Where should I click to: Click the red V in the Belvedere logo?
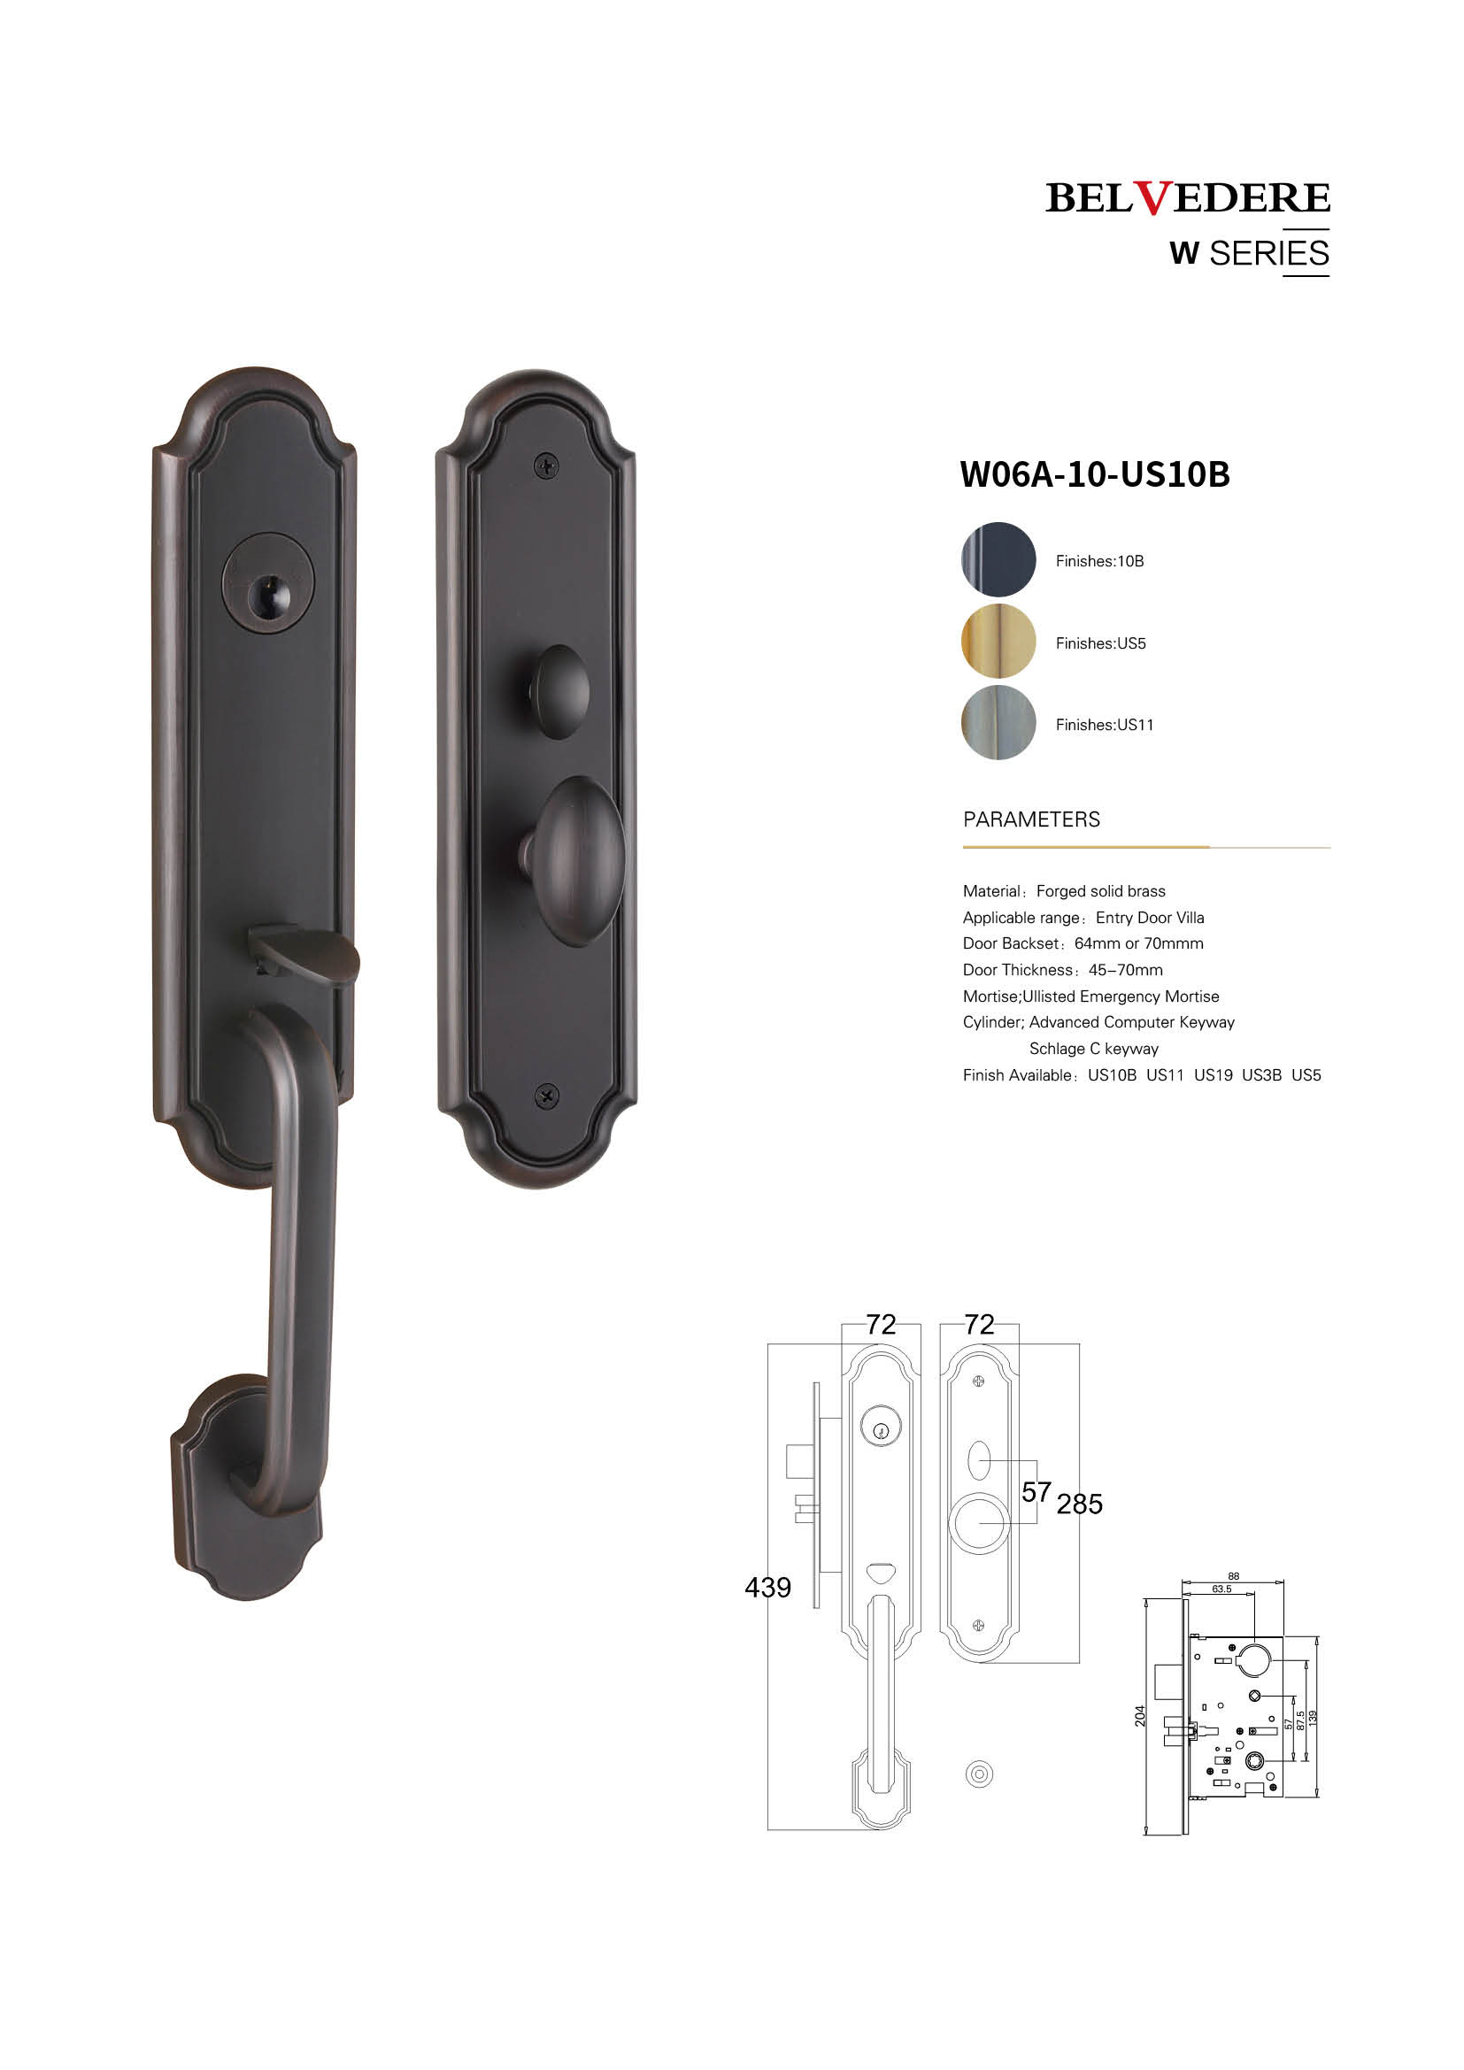[1152, 197]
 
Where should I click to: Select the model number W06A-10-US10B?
[1094, 474]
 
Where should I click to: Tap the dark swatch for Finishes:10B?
[998, 559]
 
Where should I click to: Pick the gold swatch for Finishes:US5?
[998, 641]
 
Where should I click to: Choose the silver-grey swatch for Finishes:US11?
[998, 722]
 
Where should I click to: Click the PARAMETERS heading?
[1031, 820]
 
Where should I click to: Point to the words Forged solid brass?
[1101, 891]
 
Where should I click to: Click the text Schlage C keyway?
[1093, 1049]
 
